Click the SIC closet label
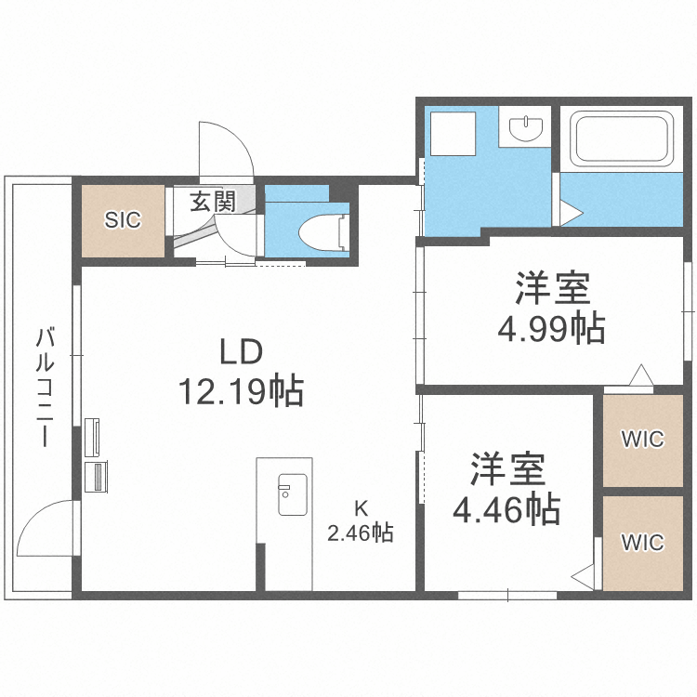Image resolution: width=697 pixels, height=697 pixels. pos(122,220)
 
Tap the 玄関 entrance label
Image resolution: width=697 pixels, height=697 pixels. pos(213,202)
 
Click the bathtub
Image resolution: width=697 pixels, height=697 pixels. pos(622,139)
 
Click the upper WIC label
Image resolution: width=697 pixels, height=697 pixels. pos(643,439)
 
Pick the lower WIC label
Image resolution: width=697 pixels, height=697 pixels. pos(643,541)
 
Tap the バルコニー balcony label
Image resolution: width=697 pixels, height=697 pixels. pos(43,387)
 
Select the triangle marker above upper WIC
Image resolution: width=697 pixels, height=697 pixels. pos(640,375)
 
